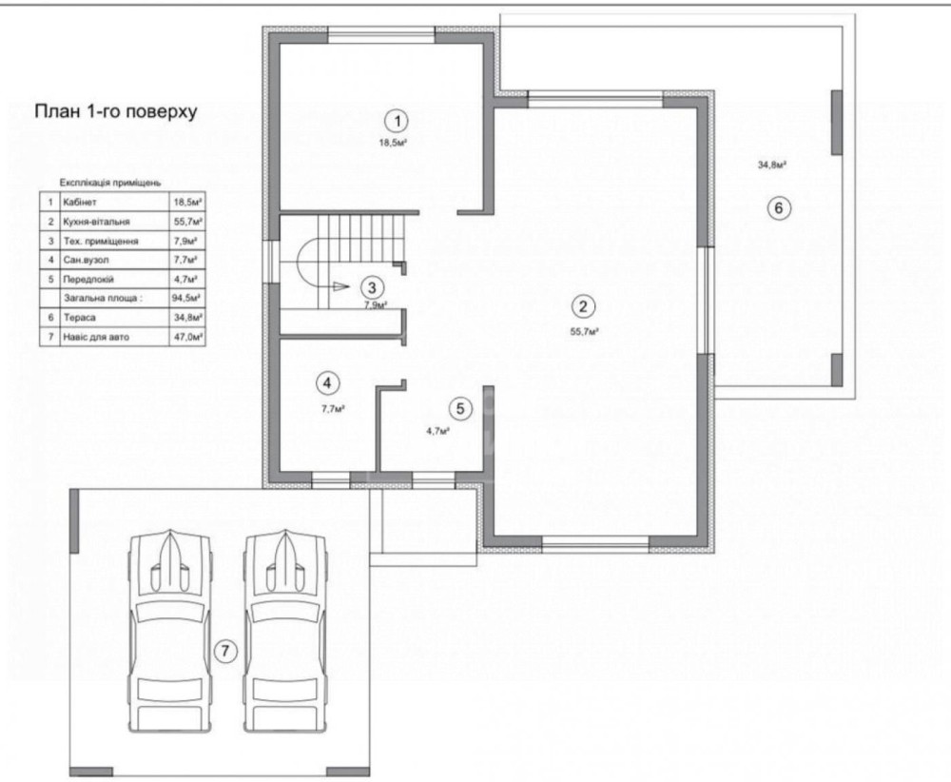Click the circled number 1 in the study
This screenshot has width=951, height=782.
click(x=398, y=122)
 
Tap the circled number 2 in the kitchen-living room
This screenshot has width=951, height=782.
click(x=583, y=306)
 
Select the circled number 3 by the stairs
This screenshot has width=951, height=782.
click(x=372, y=287)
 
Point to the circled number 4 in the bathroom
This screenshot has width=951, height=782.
click(x=327, y=382)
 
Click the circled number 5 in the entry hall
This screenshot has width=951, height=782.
click(x=460, y=409)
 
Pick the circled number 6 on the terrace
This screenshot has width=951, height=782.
click(x=779, y=208)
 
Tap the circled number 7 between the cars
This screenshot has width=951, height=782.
click(x=225, y=651)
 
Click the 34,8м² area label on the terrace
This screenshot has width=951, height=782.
click(x=772, y=164)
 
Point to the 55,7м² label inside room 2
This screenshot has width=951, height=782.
click(x=585, y=332)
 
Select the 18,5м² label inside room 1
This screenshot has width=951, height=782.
click(x=393, y=144)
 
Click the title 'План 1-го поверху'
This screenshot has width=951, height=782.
click(x=115, y=112)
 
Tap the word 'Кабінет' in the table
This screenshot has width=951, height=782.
click(x=80, y=202)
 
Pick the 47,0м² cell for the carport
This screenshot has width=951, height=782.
click(x=188, y=337)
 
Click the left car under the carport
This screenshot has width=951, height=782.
click(x=170, y=630)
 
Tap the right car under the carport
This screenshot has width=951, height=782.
click(x=285, y=630)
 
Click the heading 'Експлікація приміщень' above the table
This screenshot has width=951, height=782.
click(x=110, y=183)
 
